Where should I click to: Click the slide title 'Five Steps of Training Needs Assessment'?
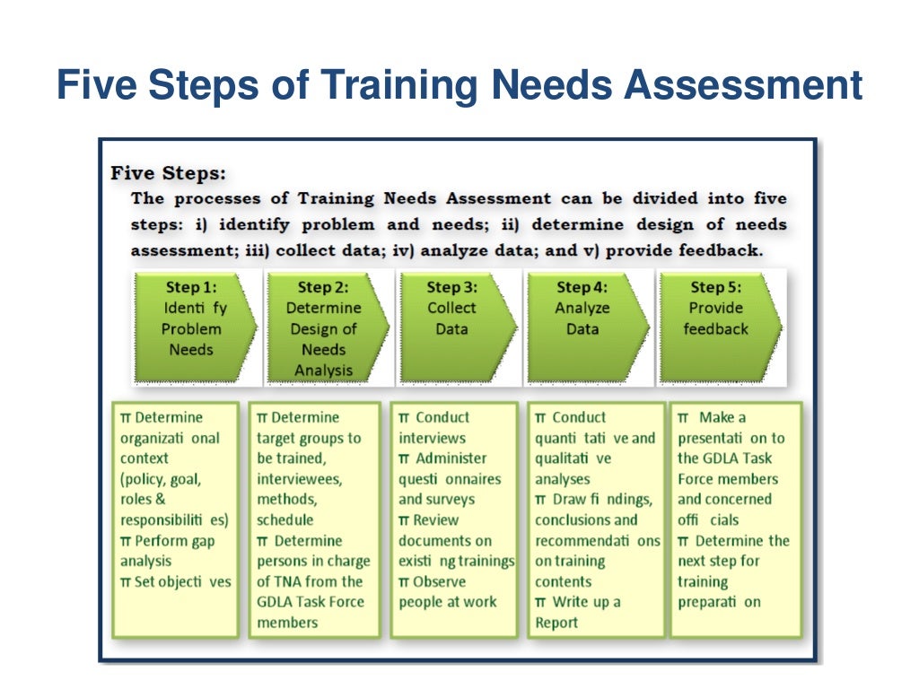[459, 87]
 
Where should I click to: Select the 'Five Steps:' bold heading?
[169, 172]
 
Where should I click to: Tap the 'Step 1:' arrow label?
[191, 287]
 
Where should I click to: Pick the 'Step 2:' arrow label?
[323, 288]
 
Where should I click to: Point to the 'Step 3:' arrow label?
[452, 287]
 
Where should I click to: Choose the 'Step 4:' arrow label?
[582, 287]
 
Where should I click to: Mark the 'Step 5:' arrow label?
[716, 287]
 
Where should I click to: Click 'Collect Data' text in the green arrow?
[452, 318]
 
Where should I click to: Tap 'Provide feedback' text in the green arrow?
[715, 318]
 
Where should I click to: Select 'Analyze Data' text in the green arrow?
[582, 318]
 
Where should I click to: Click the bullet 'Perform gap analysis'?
[168, 551]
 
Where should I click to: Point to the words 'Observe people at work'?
[448, 592]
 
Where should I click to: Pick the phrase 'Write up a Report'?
[579, 612]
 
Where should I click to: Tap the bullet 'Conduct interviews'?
[434, 428]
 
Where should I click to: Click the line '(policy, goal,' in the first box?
[161, 479]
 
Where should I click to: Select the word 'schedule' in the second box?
[285, 520]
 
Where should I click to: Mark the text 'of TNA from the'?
[309, 581]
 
